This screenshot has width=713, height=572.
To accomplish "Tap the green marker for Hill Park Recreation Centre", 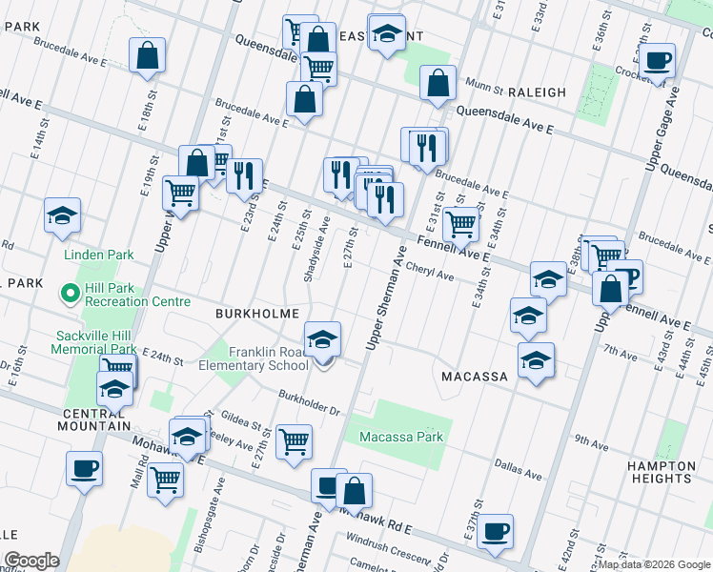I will [x=69, y=293].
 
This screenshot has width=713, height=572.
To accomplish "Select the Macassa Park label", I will [x=401, y=438].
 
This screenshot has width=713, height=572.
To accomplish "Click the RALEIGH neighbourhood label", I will [x=537, y=92].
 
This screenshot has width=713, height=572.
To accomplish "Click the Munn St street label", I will [x=483, y=89].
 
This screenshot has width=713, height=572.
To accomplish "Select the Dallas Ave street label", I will [x=518, y=470].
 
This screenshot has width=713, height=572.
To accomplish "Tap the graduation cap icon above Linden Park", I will [x=62, y=216].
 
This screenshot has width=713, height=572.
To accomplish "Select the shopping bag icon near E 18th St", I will [x=148, y=56].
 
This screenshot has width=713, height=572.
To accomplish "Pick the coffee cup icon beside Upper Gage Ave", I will [x=657, y=62].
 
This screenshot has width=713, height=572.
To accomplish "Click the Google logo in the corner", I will [x=31, y=561].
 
